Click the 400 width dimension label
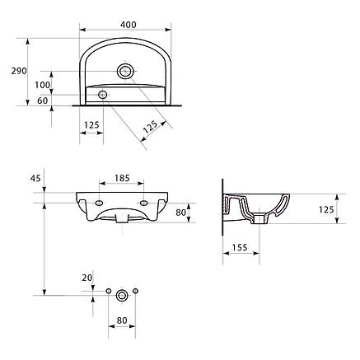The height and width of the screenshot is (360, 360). click(x=129, y=25)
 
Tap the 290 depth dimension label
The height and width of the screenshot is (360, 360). click(x=19, y=71)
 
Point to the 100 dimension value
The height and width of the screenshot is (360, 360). click(x=43, y=85)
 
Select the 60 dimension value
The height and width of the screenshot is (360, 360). click(x=43, y=101)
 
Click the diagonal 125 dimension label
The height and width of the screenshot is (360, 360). click(x=151, y=127)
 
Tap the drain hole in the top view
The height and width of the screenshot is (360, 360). click(x=125, y=71)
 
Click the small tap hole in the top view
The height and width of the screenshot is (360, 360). click(x=103, y=95)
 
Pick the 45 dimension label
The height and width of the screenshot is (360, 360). click(x=35, y=178)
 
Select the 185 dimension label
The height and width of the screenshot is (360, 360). click(x=122, y=178)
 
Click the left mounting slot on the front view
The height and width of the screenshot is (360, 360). click(x=99, y=203)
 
